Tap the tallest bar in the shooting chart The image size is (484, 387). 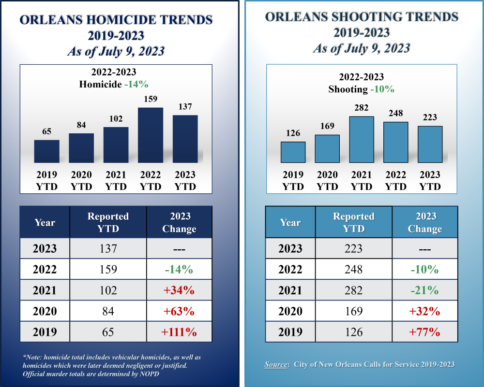pos(362,139)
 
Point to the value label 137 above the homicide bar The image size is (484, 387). pos(185,106)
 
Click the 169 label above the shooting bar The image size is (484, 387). pos(327,126)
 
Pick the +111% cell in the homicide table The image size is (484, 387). pos(179,332)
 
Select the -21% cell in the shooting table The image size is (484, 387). pos(424,290)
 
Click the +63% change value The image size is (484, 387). pos(179,312)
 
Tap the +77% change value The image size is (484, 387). pos(424,332)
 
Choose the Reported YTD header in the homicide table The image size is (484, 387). pos(108,222)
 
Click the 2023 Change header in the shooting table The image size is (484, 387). pos(424,222)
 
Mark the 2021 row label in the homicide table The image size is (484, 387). pos(45,290)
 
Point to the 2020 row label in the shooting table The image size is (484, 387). pos(290,312)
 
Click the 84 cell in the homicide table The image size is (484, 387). pos(108,312)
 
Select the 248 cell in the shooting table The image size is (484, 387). pos(353,270)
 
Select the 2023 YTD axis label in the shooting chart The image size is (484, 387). pos(430,180)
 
